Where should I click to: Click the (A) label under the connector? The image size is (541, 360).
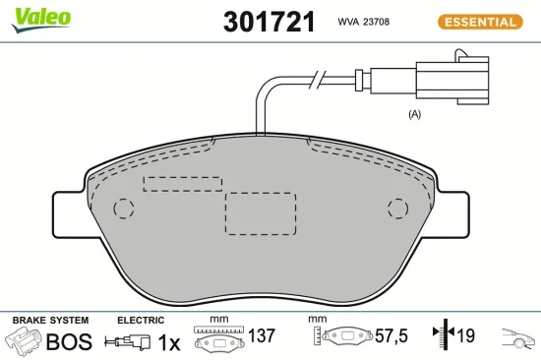[414, 114]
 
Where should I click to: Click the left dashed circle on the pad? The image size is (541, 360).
[124, 209]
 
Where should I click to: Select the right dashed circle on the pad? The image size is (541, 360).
[396, 209]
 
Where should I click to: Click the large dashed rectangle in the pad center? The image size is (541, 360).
[261, 213]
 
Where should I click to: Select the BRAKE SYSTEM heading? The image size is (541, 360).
[50, 321]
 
